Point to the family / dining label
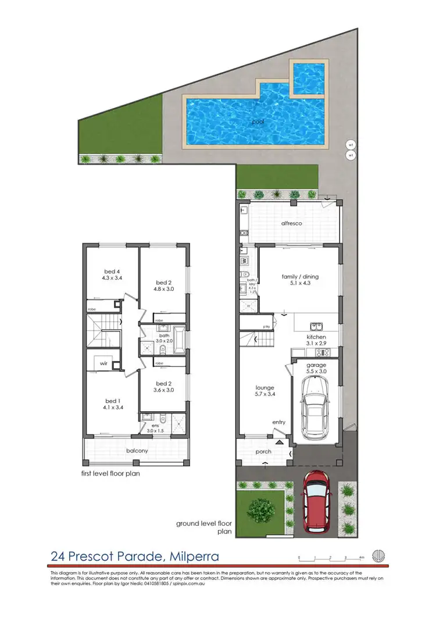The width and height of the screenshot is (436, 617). [301, 277]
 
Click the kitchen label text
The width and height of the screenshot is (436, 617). [316, 337]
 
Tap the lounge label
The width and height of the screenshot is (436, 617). [265, 387]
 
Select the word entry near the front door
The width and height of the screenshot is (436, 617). [278, 423]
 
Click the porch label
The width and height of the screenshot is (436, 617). [263, 451]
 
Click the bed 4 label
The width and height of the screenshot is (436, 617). [112, 272]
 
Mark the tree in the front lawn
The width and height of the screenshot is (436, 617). [261, 509]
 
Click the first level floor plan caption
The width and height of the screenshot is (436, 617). [111, 473]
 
